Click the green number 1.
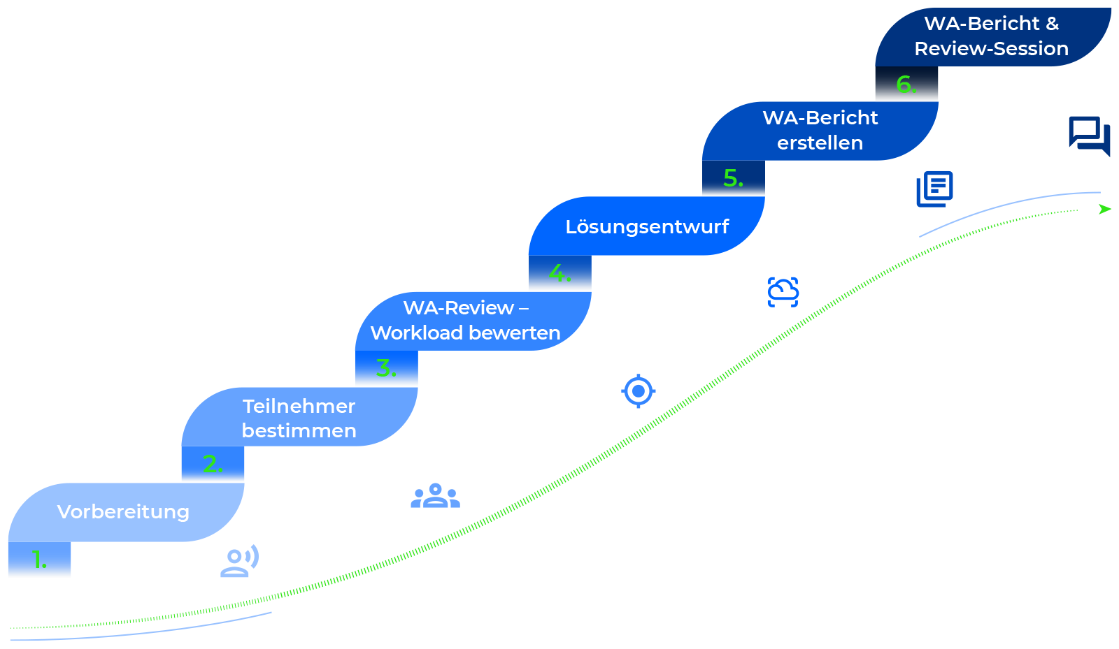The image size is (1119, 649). [x=38, y=560]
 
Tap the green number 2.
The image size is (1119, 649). [x=212, y=464]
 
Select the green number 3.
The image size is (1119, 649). [x=385, y=367]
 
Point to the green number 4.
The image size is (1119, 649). [x=559, y=272]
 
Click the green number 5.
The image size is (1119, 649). [x=732, y=178]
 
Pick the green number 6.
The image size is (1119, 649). [x=906, y=85]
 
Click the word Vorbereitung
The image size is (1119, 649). [x=123, y=512]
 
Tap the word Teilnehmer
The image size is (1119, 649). [x=299, y=406]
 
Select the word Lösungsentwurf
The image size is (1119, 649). [x=647, y=227]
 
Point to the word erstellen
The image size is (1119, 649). [x=820, y=143]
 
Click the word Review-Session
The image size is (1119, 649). [x=991, y=49]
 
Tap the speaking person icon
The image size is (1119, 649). [x=239, y=561]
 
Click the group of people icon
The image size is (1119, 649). [x=435, y=496]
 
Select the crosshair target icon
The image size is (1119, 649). [x=638, y=391]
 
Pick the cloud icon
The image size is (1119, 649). [x=783, y=291]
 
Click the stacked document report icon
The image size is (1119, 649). [x=935, y=189]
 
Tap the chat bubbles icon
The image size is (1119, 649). [x=1089, y=134]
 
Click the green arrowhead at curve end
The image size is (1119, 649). [x=1104, y=209]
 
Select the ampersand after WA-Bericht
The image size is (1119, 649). [x=1052, y=24]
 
